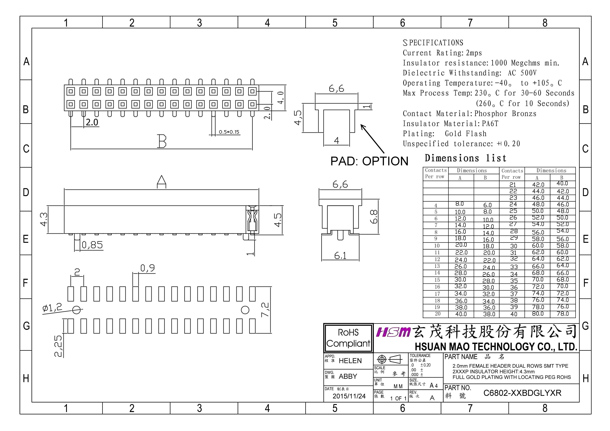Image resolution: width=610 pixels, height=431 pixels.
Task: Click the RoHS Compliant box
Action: coord(348,338)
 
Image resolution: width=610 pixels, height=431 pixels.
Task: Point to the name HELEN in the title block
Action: coord(350,361)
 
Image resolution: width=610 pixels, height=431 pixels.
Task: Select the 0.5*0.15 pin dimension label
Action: coord(229,132)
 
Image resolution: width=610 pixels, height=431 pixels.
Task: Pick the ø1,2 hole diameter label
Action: coord(52,308)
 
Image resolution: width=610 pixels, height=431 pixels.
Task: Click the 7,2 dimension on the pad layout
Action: coord(265,310)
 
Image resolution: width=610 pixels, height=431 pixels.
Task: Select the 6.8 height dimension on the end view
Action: coord(374,217)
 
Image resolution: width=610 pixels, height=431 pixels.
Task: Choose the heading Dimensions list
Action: coord(465,158)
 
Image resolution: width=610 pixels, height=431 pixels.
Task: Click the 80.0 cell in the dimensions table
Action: coord(538,314)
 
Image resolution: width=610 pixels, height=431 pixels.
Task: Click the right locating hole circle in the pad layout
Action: coord(245,310)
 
